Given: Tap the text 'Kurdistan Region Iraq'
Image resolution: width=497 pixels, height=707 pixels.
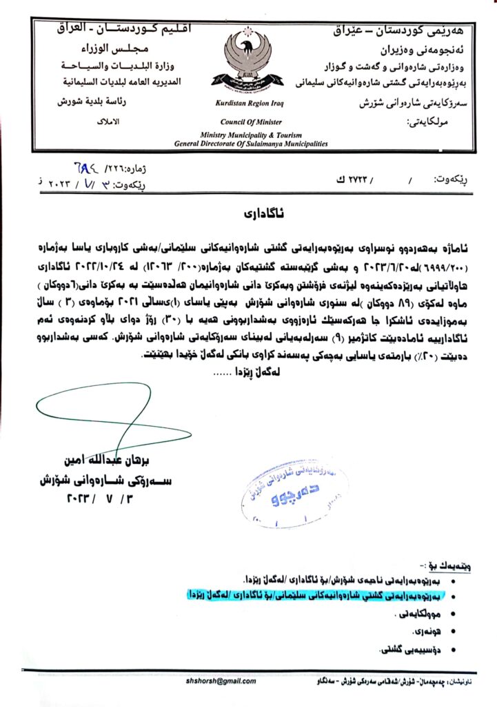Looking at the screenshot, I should coord(246,104).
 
